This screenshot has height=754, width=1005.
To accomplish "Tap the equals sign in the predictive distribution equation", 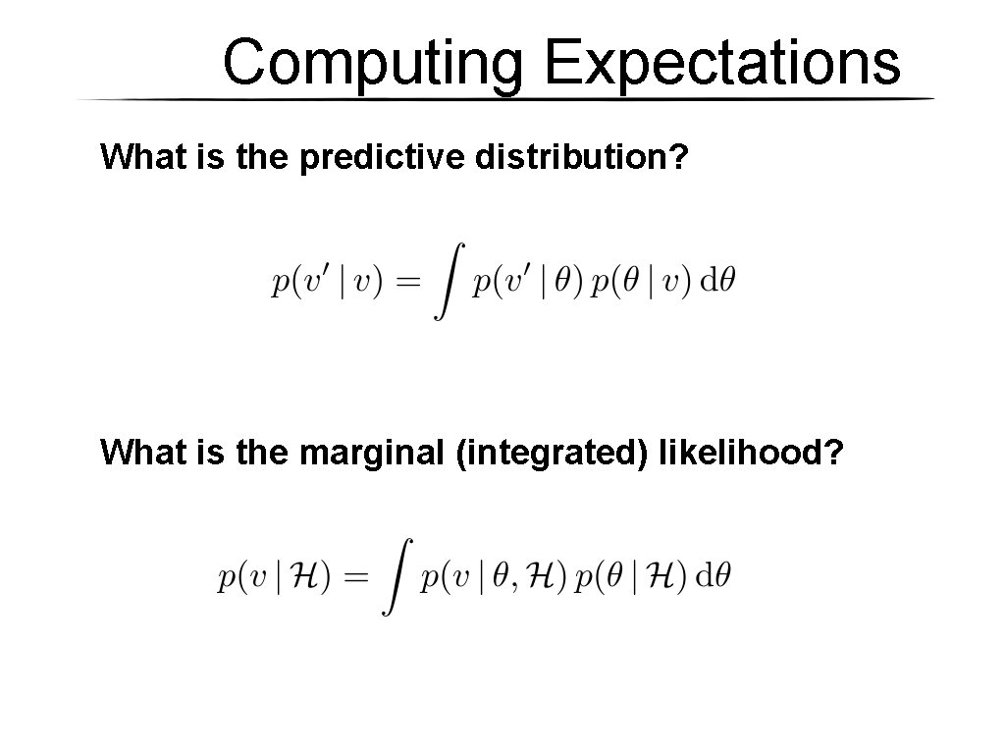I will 406,283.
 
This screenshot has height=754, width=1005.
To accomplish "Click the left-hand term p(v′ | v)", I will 326,283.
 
